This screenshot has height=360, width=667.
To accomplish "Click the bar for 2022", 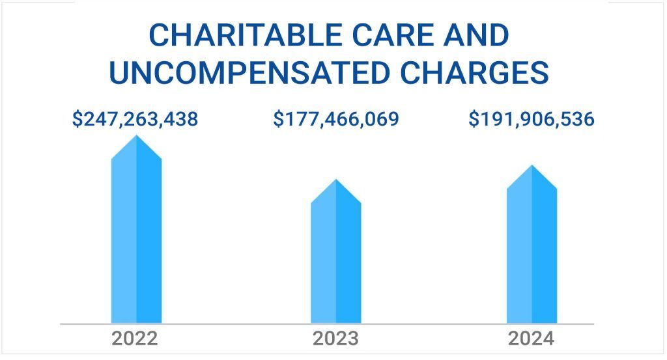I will coord(136,234).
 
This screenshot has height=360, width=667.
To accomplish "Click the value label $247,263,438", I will coord(135,119).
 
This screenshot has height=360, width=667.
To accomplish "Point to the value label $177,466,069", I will coord(335,119).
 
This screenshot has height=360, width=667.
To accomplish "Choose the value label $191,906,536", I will coord(532,119).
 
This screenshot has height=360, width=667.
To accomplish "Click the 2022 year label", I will coord(135,339).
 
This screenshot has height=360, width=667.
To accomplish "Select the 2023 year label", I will coord(335,339).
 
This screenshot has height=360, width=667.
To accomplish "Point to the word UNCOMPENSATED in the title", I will coord(249,73).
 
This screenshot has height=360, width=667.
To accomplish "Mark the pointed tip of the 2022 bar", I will coord(136,137).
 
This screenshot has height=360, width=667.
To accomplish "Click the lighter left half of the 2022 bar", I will coord(124,241).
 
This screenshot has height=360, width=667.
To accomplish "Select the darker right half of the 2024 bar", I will coord(545,254).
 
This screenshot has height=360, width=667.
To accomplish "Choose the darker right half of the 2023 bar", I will coord(348,260).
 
